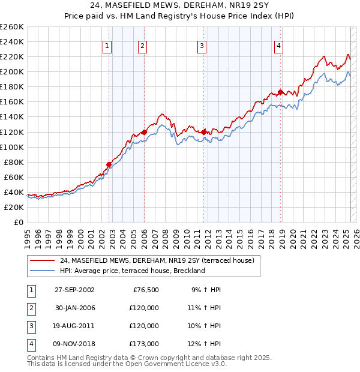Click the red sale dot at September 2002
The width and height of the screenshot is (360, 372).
pyautogui.click(x=109, y=164)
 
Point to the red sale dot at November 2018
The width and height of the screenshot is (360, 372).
pyautogui.click(x=281, y=92)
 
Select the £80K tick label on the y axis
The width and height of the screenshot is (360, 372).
pyautogui.click(x=13, y=162)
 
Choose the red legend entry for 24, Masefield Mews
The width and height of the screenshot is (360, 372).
pyautogui.click(x=157, y=260)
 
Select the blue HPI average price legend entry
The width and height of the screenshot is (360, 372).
pyautogui.click(x=132, y=271)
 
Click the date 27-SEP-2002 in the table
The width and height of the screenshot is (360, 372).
pyautogui.click(x=74, y=290)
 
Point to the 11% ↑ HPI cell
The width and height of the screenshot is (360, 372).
pyautogui.click(x=206, y=308)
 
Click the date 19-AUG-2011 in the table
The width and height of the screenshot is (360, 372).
pyautogui.click(x=74, y=326)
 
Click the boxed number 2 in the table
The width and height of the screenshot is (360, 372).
pyautogui.click(x=30, y=308)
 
